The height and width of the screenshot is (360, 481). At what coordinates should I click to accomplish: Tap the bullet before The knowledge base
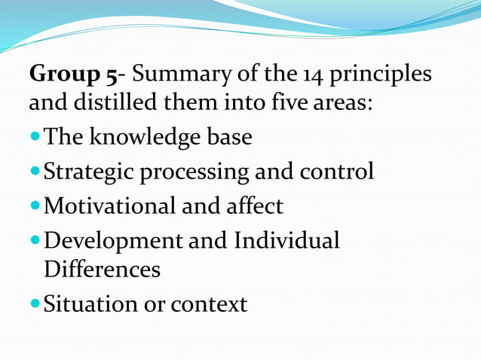(x=35, y=138)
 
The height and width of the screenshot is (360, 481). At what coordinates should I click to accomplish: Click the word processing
(x=194, y=172)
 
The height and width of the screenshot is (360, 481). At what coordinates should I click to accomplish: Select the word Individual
(x=287, y=241)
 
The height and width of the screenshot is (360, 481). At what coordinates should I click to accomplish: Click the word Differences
(x=102, y=269)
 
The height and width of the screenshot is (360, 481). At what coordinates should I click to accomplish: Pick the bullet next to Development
(x=35, y=241)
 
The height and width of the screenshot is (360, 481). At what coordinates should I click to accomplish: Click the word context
(x=209, y=305)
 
